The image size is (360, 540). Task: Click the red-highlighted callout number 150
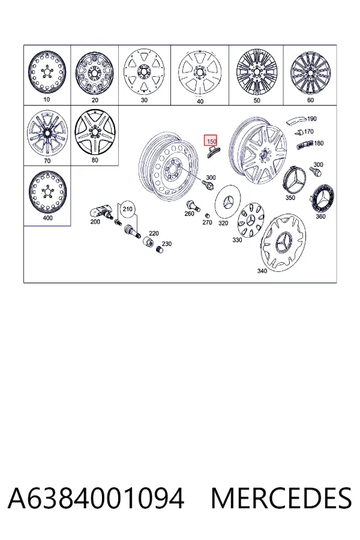pyautogui.click(x=211, y=140)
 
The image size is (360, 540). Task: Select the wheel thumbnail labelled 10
pyautogui.click(x=47, y=73)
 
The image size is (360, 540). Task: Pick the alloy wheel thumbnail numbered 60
pyautogui.click(x=310, y=73)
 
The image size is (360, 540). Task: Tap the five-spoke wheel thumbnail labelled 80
pyautogui.click(x=94, y=132)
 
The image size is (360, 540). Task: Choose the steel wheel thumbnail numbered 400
pyautogui.click(x=47, y=192)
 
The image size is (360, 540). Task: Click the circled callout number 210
pyautogui.click(x=127, y=209)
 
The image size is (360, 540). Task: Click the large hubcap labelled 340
pyautogui.click(x=284, y=241)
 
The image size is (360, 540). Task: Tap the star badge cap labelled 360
pyautogui.click(x=323, y=199)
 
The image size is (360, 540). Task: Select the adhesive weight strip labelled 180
pyautogui.click(x=305, y=144)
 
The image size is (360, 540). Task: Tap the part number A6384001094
pyautogui.click(x=96, y=499)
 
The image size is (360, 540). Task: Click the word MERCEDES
pyautogui.click(x=281, y=499)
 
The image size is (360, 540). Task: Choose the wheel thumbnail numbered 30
pyautogui.click(x=144, y=72)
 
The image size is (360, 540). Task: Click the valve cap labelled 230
pyautogui.click(x=159, y=250)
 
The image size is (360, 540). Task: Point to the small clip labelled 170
pyautogui.click(x=299, y=132)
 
